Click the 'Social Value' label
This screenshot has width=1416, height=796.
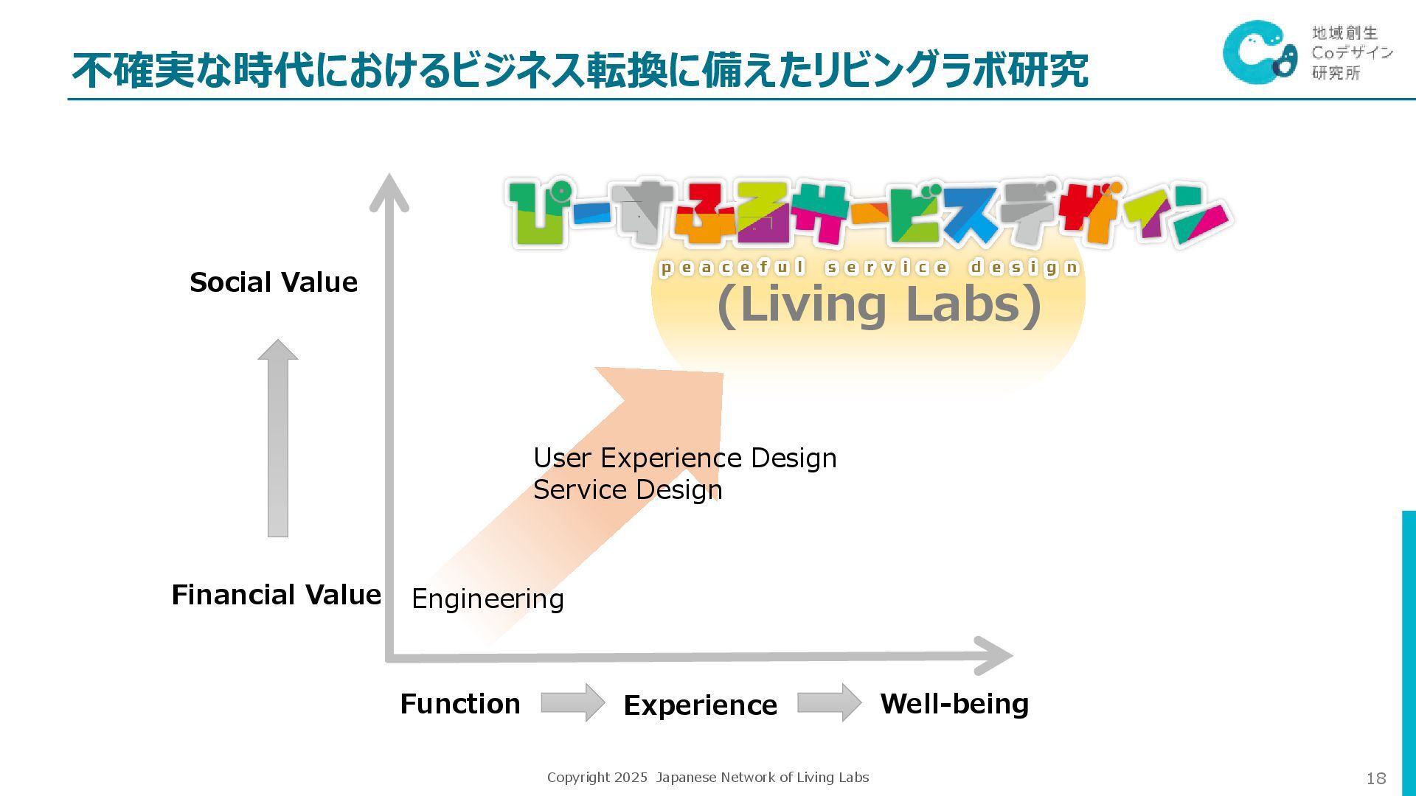coord(274,282)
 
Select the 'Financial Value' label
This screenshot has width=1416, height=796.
coord(276,595)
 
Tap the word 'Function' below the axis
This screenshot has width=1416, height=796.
coord(460,704)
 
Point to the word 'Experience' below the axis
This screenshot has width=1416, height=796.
coord(700,705)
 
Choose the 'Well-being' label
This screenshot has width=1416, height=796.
coord(954,704)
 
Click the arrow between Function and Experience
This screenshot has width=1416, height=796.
coord(572,702)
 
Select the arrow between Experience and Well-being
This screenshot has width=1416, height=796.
coord(829,702)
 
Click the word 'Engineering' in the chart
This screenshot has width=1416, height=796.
coord(487,598)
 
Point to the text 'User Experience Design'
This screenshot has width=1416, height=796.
coord(684,458)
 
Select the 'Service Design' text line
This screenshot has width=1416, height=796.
coord(628,489)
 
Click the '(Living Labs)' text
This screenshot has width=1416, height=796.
coord(879,304)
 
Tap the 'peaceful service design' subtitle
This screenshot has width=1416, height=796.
coord(870,267)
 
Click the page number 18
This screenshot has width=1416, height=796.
coord(1376,778)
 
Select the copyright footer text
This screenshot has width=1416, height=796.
coord(708,777)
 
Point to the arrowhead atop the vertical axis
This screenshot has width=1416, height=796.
coord(389,192)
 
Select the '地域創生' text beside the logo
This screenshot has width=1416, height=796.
coord(1344,32)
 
